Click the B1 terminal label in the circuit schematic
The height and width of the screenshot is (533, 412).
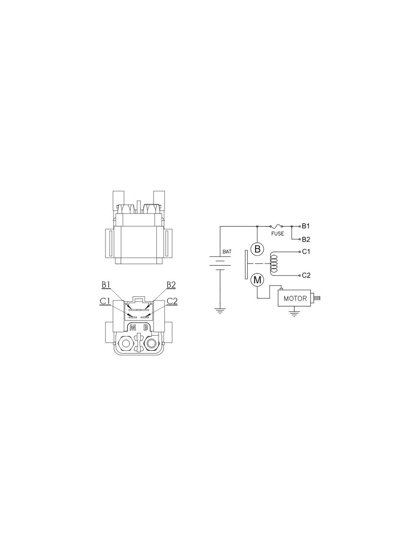[306, 226]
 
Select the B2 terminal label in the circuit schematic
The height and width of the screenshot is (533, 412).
[306, 239]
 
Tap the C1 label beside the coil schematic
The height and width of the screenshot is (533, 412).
[306, 252]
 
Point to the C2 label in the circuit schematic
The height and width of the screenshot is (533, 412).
[306, 275]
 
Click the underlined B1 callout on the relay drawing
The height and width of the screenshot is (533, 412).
[106, 285]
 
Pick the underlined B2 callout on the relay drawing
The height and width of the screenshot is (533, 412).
[171, 285]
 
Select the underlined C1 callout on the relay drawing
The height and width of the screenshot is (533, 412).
[104, 301]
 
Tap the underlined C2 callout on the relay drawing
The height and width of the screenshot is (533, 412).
[172, 301]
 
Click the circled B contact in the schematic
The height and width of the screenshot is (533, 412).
[257, 249]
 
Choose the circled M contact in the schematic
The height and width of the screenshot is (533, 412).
[257, 280]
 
